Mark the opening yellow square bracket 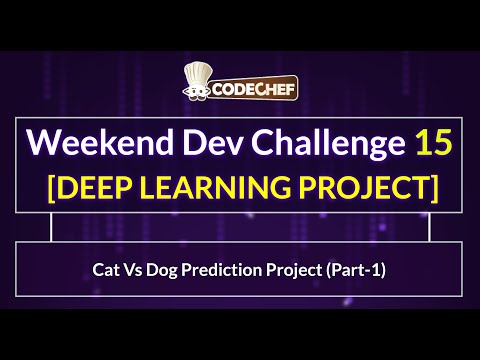click(40, 188)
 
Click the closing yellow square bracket click(438, 188)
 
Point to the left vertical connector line click(51, 229)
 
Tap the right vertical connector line click(429, 229)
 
